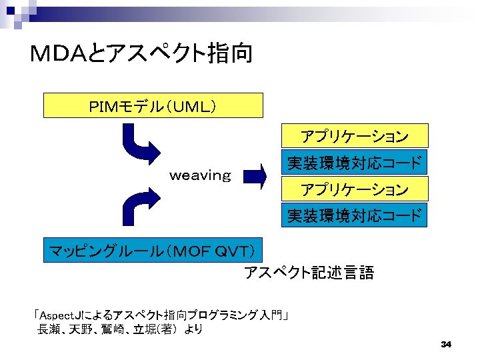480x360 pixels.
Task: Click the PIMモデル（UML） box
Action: [x=153, y=105]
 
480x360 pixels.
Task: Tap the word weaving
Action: [x=200, y=176]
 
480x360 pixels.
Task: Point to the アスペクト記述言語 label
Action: [x=309, y=273]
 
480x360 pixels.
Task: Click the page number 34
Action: [x=447, y=345]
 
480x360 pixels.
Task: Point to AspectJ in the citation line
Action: [x=61, y=315]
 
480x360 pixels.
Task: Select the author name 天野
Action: [x=85, y=329]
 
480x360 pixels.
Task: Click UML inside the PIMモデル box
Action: [x=186, y=105]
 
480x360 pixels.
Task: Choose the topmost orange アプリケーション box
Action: [x=354, y=137]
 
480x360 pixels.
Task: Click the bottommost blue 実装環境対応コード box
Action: [x=354, y=215]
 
